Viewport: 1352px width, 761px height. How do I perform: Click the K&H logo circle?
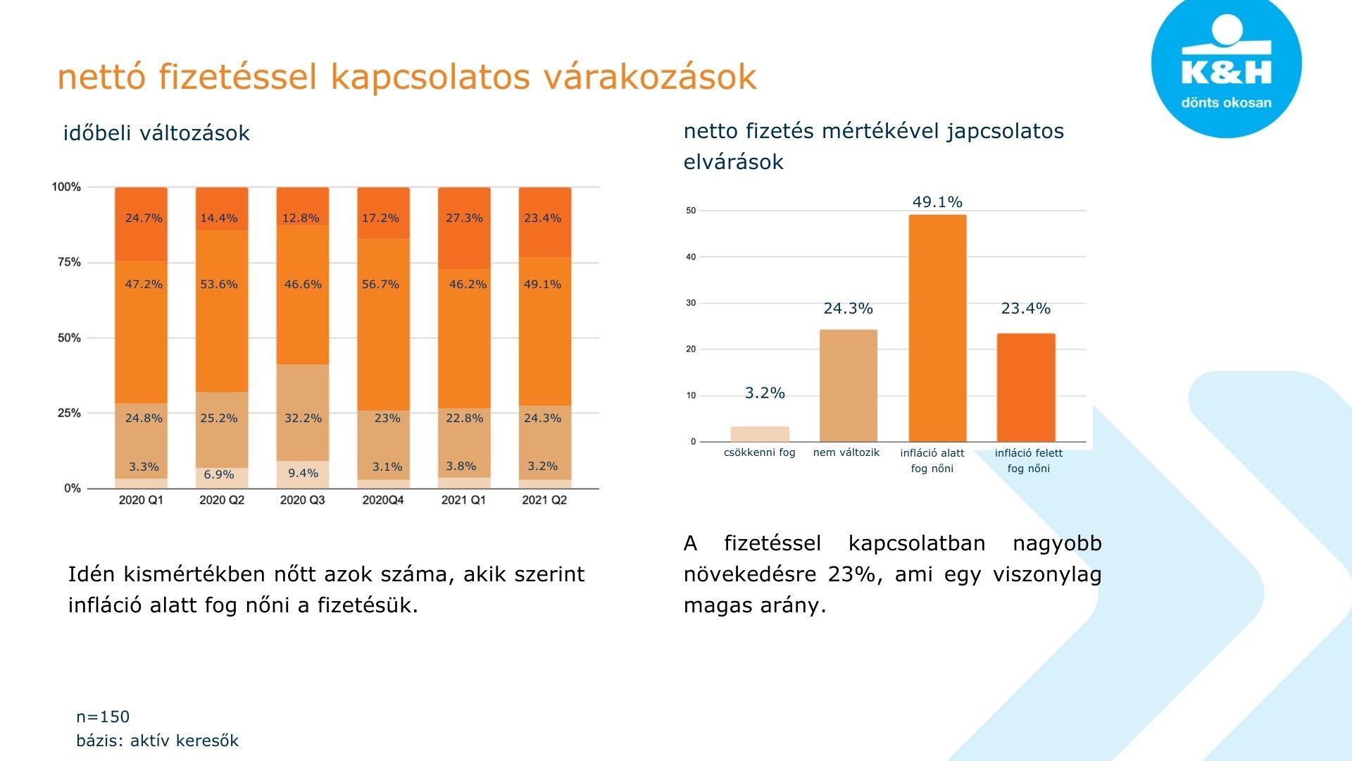pos(1226,63)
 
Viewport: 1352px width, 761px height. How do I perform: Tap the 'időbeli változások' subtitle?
pos(156,133)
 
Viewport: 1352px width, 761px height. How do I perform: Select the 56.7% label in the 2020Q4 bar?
pos(380,284)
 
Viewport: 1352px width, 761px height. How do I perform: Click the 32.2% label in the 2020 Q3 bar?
pos(303,418)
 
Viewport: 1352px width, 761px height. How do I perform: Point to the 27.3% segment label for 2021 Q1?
pos(464,218)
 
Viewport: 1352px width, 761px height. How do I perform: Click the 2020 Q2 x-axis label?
pos(222,500)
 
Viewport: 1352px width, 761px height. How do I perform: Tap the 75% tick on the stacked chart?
pos(69,262)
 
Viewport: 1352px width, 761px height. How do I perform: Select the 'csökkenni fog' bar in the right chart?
pos(760,434)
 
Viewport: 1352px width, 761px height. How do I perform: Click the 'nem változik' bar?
pos(848,385)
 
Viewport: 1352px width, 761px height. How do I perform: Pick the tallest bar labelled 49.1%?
pos(937,328)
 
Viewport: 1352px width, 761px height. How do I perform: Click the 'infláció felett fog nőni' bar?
pos(1026,388)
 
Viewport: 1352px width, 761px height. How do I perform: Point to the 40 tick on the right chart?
pos(691,256)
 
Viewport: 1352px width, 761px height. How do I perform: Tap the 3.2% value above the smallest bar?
pos(765,393)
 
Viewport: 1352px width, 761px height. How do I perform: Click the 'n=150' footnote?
pos(103,717)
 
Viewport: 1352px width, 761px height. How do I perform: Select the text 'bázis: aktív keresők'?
pos(157,741)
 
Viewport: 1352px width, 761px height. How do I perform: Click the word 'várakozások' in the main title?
pos(649,76)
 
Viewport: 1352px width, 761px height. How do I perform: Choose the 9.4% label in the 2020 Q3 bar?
pos(303,473)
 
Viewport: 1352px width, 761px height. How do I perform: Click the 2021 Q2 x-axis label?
pos(544,500)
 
